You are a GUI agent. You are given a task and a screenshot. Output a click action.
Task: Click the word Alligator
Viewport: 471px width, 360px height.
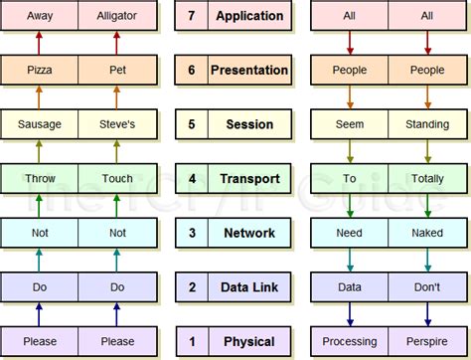pyautogui.click(x=117, y=16)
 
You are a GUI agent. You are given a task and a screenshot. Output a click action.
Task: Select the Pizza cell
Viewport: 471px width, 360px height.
pyautogui.click(x=40, y=70)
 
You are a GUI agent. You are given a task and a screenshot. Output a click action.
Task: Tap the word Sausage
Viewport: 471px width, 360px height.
pyautogui.click(x=40, y=124)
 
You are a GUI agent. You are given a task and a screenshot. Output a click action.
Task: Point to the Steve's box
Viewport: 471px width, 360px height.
pyautogui.click(x=117, y=124)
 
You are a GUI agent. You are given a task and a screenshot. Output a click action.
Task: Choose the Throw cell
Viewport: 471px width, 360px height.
pyautogui.click(x=40, y=179)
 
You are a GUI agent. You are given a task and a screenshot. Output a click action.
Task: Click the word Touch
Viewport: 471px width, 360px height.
pyautogui.click(x=117, y=179)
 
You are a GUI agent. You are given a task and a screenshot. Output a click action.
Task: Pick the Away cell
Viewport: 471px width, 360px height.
pyautogui.click(x=40, y=16)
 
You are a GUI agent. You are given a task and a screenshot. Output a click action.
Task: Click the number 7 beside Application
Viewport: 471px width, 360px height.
pyautogui.click(x=192, y=16)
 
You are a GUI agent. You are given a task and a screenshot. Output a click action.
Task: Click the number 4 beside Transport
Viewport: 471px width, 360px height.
pyautogui.click(x=192, y=179)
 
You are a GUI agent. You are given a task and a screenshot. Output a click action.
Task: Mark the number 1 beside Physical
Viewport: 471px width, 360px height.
pyautogui.click(x=192, y=341)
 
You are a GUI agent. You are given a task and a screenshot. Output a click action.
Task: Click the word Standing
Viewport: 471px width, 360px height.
pyautogui.click(x=427, y=124)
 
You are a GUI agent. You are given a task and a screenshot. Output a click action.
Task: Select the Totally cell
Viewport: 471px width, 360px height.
pyautogui.click(x=427, y=179)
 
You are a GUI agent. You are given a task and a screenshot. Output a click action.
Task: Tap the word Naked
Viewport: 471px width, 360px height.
pyautogui.click(x=427, y=233)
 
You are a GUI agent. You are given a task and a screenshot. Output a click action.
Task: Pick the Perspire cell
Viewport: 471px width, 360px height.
pyautogui.click(x=427, y=341)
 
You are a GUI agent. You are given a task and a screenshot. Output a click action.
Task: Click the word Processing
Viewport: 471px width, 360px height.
pyautogui.click(x=350, y=341)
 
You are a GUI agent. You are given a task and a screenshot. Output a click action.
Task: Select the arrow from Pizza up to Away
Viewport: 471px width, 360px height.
pyautogui.click(x=40, y=42)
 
